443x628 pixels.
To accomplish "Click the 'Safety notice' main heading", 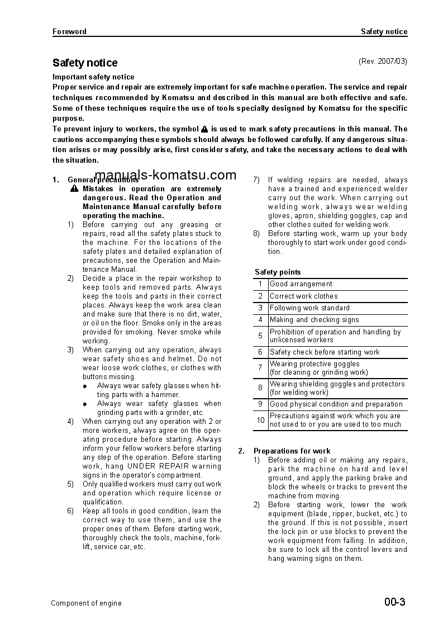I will click(x=85, y=63).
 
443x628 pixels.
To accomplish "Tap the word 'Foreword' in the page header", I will click(x=69, y=32).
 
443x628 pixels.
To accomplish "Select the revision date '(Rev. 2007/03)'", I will click(x=383, y=61).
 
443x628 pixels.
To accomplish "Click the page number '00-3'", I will click(x=394, y=602).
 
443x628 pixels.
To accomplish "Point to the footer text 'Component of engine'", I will click(x=86, y=603).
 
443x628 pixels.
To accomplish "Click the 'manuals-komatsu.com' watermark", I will click(x=166, y=174).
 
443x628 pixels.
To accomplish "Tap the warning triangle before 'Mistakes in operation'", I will click(x=74, y=189).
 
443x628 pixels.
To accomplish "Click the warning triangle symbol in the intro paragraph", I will click(x=204, y=129).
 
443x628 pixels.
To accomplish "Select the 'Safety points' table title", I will click(x=278, y=272).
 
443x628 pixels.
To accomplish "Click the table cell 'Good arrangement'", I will click(x=301, y=284).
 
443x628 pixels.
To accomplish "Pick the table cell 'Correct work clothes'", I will click(x=303, y=296).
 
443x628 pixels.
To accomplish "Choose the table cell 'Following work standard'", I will click(x=309, y=308).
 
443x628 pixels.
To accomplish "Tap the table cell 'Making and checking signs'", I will click(x=314, y=320).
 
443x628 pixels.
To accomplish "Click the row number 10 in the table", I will click(x=260, y=421).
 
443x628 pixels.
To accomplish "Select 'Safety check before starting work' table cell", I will click(x=325, y=352).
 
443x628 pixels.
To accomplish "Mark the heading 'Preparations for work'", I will click(x=292, y=451).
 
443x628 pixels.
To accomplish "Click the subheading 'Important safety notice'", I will click(x=93, y=77).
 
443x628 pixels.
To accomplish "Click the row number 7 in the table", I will click(x=260, y=368).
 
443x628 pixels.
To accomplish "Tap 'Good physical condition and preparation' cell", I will click(x=336, y=404).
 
